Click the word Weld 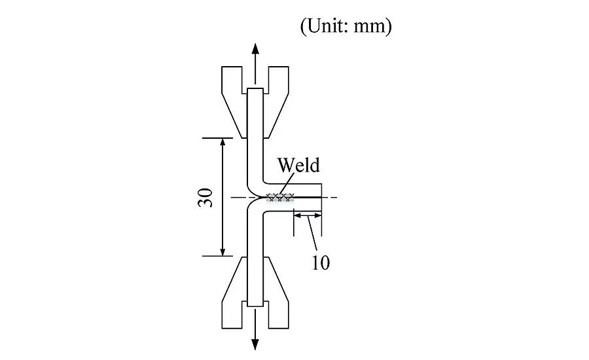[x=298, y=165]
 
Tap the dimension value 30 [x=205, y=198]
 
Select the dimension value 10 [x=321, y=262]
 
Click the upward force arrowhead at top [x=255, y=49]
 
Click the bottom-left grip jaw [x=234, y=293]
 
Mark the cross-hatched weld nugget [x=280, y=197]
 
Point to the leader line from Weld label [x=287, y=184]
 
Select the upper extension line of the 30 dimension [x=217, y=138]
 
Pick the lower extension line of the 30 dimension [x=217, y=256]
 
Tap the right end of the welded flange [x=321, y=197]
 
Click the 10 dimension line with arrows [x=308, y=216]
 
